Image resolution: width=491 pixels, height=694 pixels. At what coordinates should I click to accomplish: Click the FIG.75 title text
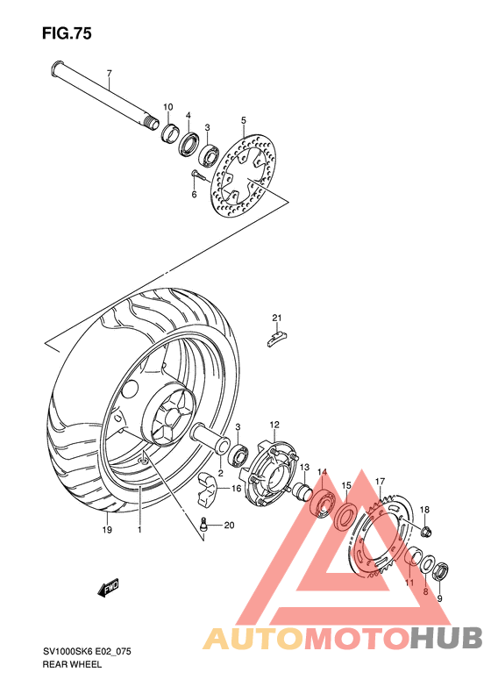tap(67, 33)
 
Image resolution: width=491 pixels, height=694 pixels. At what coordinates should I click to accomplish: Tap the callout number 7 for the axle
tap(110, 73)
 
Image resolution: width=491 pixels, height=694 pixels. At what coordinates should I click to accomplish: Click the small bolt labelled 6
tap(196, 175)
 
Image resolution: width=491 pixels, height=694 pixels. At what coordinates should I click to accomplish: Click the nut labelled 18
tap(424, 530)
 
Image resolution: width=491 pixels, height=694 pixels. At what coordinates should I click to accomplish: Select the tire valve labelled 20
tap(203, 526)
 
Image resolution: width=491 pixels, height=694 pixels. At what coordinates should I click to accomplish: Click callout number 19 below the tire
tap(107, 530)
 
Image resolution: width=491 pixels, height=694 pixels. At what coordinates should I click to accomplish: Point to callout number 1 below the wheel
tap(139, 530)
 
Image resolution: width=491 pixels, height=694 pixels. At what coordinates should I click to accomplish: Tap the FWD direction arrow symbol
tap(110, 586)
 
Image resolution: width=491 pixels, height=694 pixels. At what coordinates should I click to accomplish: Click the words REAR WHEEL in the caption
tap(73, 665)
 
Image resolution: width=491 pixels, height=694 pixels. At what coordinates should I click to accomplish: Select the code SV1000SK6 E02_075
tap(88, 652)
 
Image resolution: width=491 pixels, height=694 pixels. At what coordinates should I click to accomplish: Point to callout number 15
tap(345, 485)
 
